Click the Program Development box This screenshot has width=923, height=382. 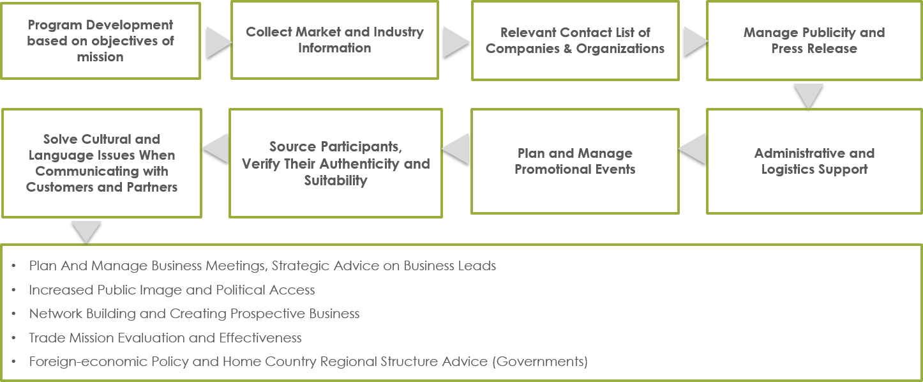[x=100, y=41]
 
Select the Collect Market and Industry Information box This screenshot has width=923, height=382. [x=334, y=40]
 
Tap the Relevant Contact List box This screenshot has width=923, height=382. [x=575, y=41]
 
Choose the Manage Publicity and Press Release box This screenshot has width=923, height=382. [x=814, y=41]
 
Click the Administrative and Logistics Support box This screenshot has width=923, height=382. [x=814, y=161]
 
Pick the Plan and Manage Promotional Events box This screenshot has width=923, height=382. [x=575, y=161]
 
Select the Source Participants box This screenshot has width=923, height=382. [x=336, y=164]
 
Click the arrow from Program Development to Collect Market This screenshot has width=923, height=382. [x=218, y=43]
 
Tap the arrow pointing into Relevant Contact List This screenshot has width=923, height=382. [x=455, y=42]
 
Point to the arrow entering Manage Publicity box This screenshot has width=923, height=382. [x=694, y=42]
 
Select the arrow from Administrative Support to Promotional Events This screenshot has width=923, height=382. [x=693, y=149]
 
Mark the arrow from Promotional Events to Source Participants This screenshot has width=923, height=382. [x=456, y=149]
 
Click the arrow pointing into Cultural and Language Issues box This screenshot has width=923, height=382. [x=216, y=148]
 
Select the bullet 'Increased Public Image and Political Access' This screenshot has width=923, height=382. [x=172, y=290]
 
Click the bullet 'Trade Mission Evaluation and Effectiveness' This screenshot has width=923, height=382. [x=165, y=338]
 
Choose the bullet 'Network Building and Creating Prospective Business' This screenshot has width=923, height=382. [x=194, y=314]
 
